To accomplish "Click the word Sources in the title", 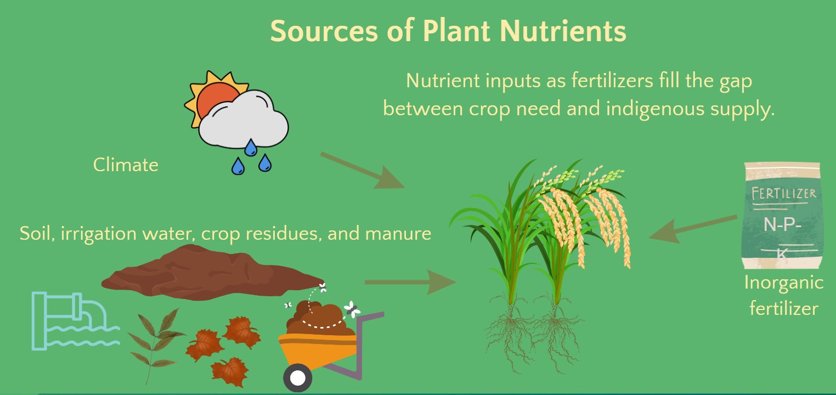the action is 324,31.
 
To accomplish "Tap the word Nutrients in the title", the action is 563,31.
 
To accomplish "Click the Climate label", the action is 126,165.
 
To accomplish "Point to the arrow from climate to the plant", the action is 363,170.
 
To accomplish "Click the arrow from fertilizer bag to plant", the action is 693,229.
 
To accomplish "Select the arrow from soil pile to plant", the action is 410,282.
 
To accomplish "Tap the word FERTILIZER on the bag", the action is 783,194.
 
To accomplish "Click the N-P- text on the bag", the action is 782,225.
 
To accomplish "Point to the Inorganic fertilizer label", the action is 784,295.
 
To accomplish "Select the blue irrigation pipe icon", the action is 75,321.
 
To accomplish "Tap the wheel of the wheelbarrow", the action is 297,378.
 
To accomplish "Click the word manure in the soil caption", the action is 398,234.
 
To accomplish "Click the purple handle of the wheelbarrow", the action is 358,347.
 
